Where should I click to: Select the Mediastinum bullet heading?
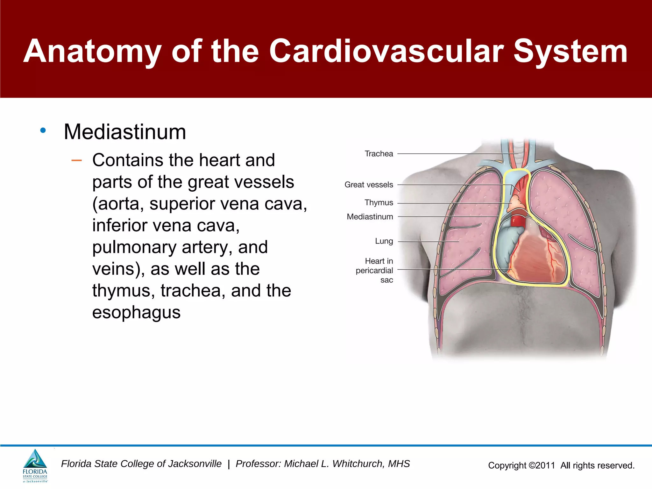(x=125, y=132)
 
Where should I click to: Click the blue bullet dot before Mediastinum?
(x=43, y=130)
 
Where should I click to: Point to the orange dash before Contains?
(x=76, y=160)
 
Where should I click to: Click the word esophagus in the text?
(x=136, y=312)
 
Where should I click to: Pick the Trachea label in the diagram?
(x=379, y=154)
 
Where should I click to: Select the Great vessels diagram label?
(x=369, y=185)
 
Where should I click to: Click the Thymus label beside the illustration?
(x=379, y=202)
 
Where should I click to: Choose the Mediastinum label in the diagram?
(x=370, y=217)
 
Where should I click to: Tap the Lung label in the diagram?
(x=384, y=241)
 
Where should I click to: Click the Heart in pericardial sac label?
(x=375, y=270)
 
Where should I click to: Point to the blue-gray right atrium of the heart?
(x=506, y=245)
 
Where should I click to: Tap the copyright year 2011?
(x=545, y=465)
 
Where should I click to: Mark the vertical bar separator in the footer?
(x=229, y=464)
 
